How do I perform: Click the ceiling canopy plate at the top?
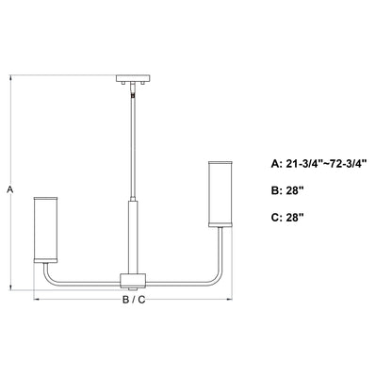point(133,78)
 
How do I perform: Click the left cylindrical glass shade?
point(45,230)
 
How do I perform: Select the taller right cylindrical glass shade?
point(220,194)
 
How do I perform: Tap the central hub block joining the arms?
point(133,281)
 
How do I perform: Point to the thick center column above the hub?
point(133,237)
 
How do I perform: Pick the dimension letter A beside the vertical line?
point(10,190)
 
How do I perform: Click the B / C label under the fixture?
point(134,300)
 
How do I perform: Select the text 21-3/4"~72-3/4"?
point(326,164)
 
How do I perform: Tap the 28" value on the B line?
point(295,190)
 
